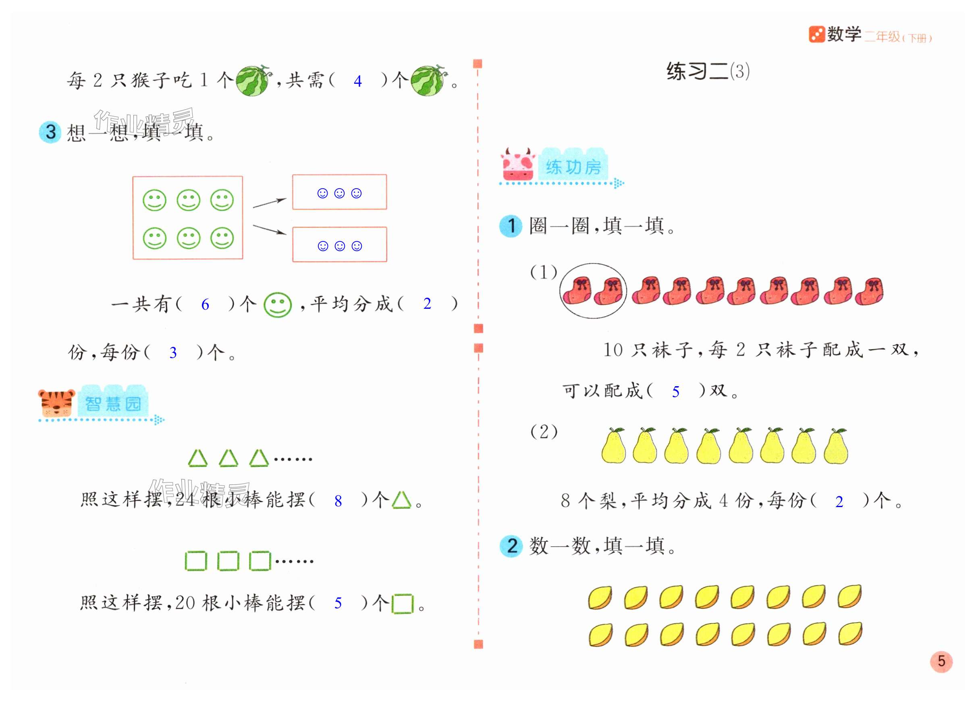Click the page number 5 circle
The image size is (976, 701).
[941, 661]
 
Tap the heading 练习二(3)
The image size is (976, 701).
[708, 71]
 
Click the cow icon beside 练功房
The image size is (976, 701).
[518, 164]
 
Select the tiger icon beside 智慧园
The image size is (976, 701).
[56, 403]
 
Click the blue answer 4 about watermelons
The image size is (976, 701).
[357, 81]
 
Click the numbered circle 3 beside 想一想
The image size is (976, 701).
[50, 132]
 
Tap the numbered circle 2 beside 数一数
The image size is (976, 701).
[511, 546]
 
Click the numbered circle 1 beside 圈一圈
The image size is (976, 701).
[511, 226]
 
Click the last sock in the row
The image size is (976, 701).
[869, 291]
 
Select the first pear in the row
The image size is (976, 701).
[613, 446]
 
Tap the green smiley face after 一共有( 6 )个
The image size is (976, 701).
[278, 305]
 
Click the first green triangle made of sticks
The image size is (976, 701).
[198, 459]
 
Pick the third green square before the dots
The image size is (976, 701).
[260, 561]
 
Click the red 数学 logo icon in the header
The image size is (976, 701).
[816, 34]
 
